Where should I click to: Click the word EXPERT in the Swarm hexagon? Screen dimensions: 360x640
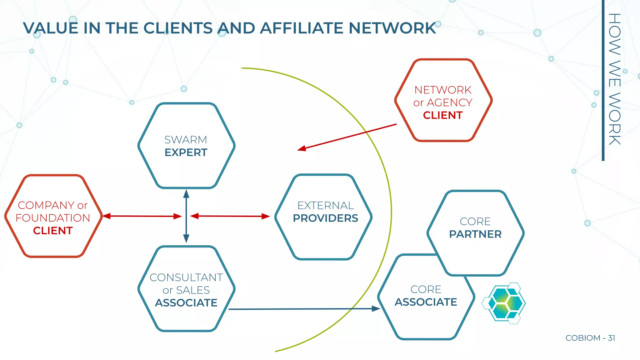186,152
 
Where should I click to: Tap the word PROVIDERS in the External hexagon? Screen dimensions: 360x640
325,218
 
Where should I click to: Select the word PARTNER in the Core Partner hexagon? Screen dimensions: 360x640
475,234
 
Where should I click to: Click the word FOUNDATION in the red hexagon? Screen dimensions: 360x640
53,218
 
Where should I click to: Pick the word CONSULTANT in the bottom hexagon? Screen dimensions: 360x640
186,277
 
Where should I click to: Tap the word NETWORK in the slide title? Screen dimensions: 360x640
392,28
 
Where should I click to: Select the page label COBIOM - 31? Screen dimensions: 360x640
590,338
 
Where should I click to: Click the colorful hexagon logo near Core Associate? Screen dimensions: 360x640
505,303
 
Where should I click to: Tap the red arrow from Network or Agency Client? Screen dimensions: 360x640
347,137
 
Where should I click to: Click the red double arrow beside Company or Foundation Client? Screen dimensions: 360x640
142,216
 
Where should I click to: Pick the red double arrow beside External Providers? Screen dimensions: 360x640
230,216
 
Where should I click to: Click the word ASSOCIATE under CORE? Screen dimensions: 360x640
426,302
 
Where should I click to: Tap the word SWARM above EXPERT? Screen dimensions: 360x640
186,140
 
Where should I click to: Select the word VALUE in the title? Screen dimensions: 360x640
51,28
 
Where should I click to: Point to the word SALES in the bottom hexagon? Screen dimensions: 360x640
193,290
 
